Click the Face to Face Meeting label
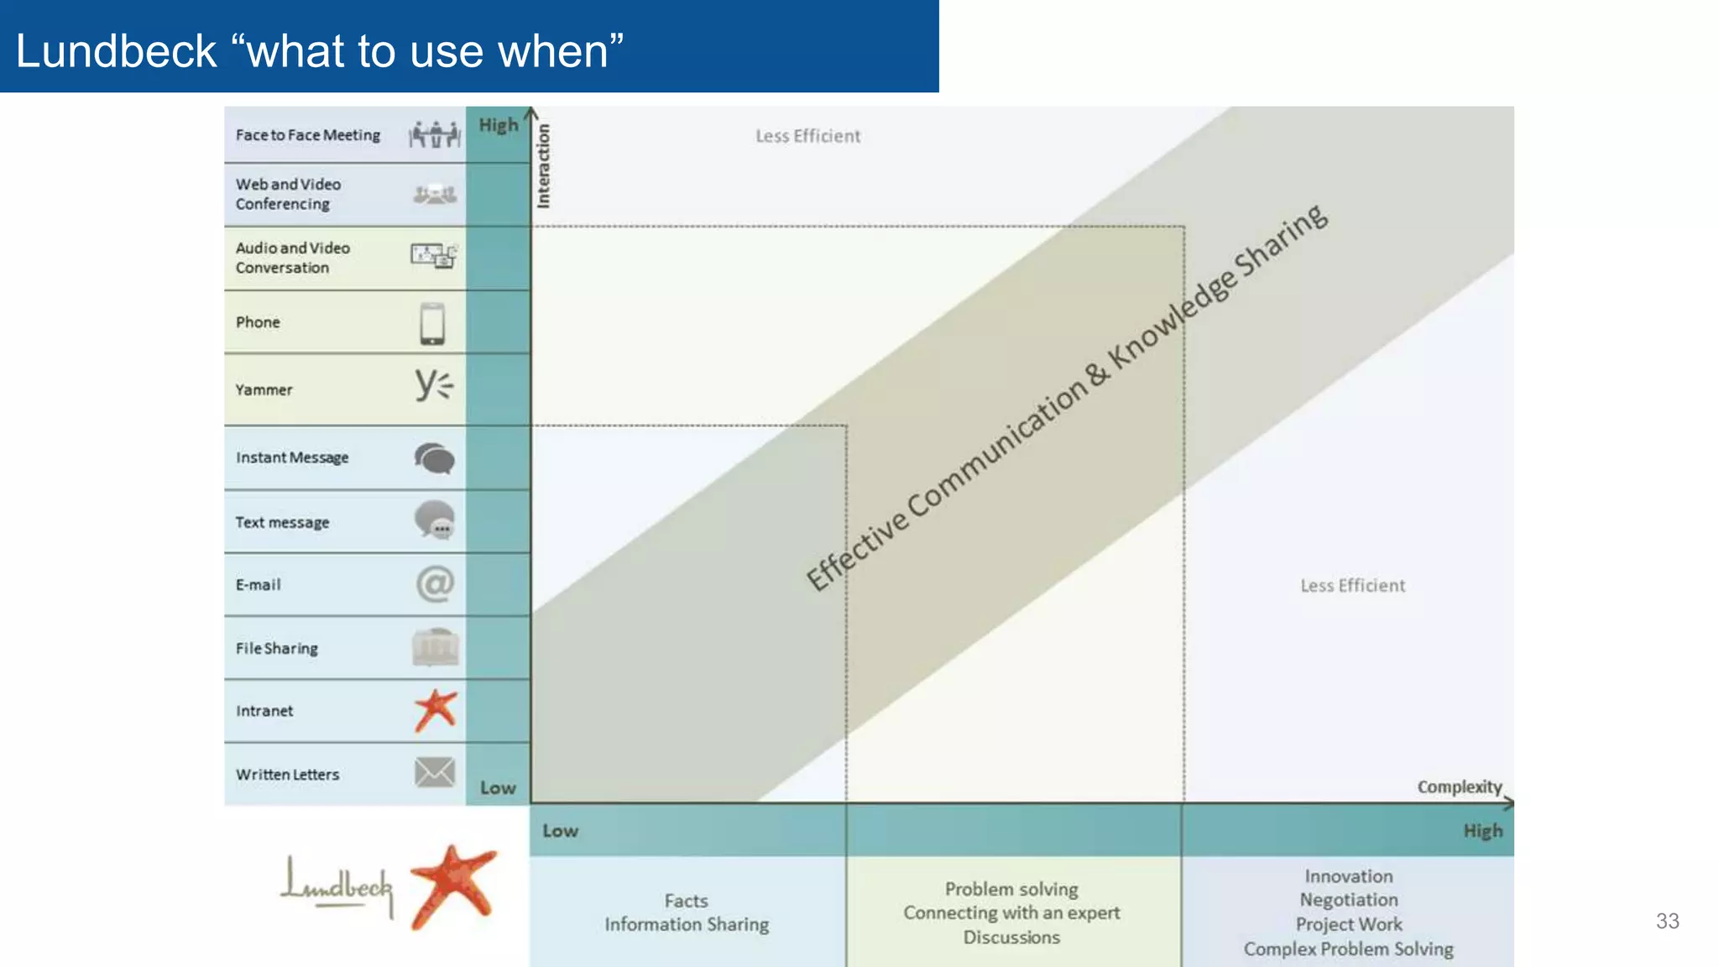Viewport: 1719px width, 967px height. coord(307,135)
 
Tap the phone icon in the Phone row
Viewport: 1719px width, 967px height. coord(432,323)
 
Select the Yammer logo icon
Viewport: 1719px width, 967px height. coord(433,385)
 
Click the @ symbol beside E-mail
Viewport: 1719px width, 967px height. coord(435,583)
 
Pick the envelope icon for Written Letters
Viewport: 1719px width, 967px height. coord(435,772)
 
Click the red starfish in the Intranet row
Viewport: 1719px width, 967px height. coord(436,710)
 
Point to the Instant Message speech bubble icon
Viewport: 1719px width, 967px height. coord(434,458)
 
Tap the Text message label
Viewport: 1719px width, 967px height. coord(282,522)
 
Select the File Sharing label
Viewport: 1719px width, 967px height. coord(276,648)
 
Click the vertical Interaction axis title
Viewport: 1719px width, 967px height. coord(543,166)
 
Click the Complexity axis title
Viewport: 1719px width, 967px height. coord(1459,787)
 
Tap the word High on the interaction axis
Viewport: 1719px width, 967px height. coord(499,125)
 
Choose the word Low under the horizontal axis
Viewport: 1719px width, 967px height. coord(560,831)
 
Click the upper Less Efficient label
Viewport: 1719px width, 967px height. coord(807,136)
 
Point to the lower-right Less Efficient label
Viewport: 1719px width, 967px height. coord(1352,586)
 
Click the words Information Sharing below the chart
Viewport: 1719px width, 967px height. coord(686,924)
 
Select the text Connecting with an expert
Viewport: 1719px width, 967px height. coord(1011,912)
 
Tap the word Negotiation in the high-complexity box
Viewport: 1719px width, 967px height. coord(1348,900)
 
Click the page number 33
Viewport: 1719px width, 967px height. coord(1667,921)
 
